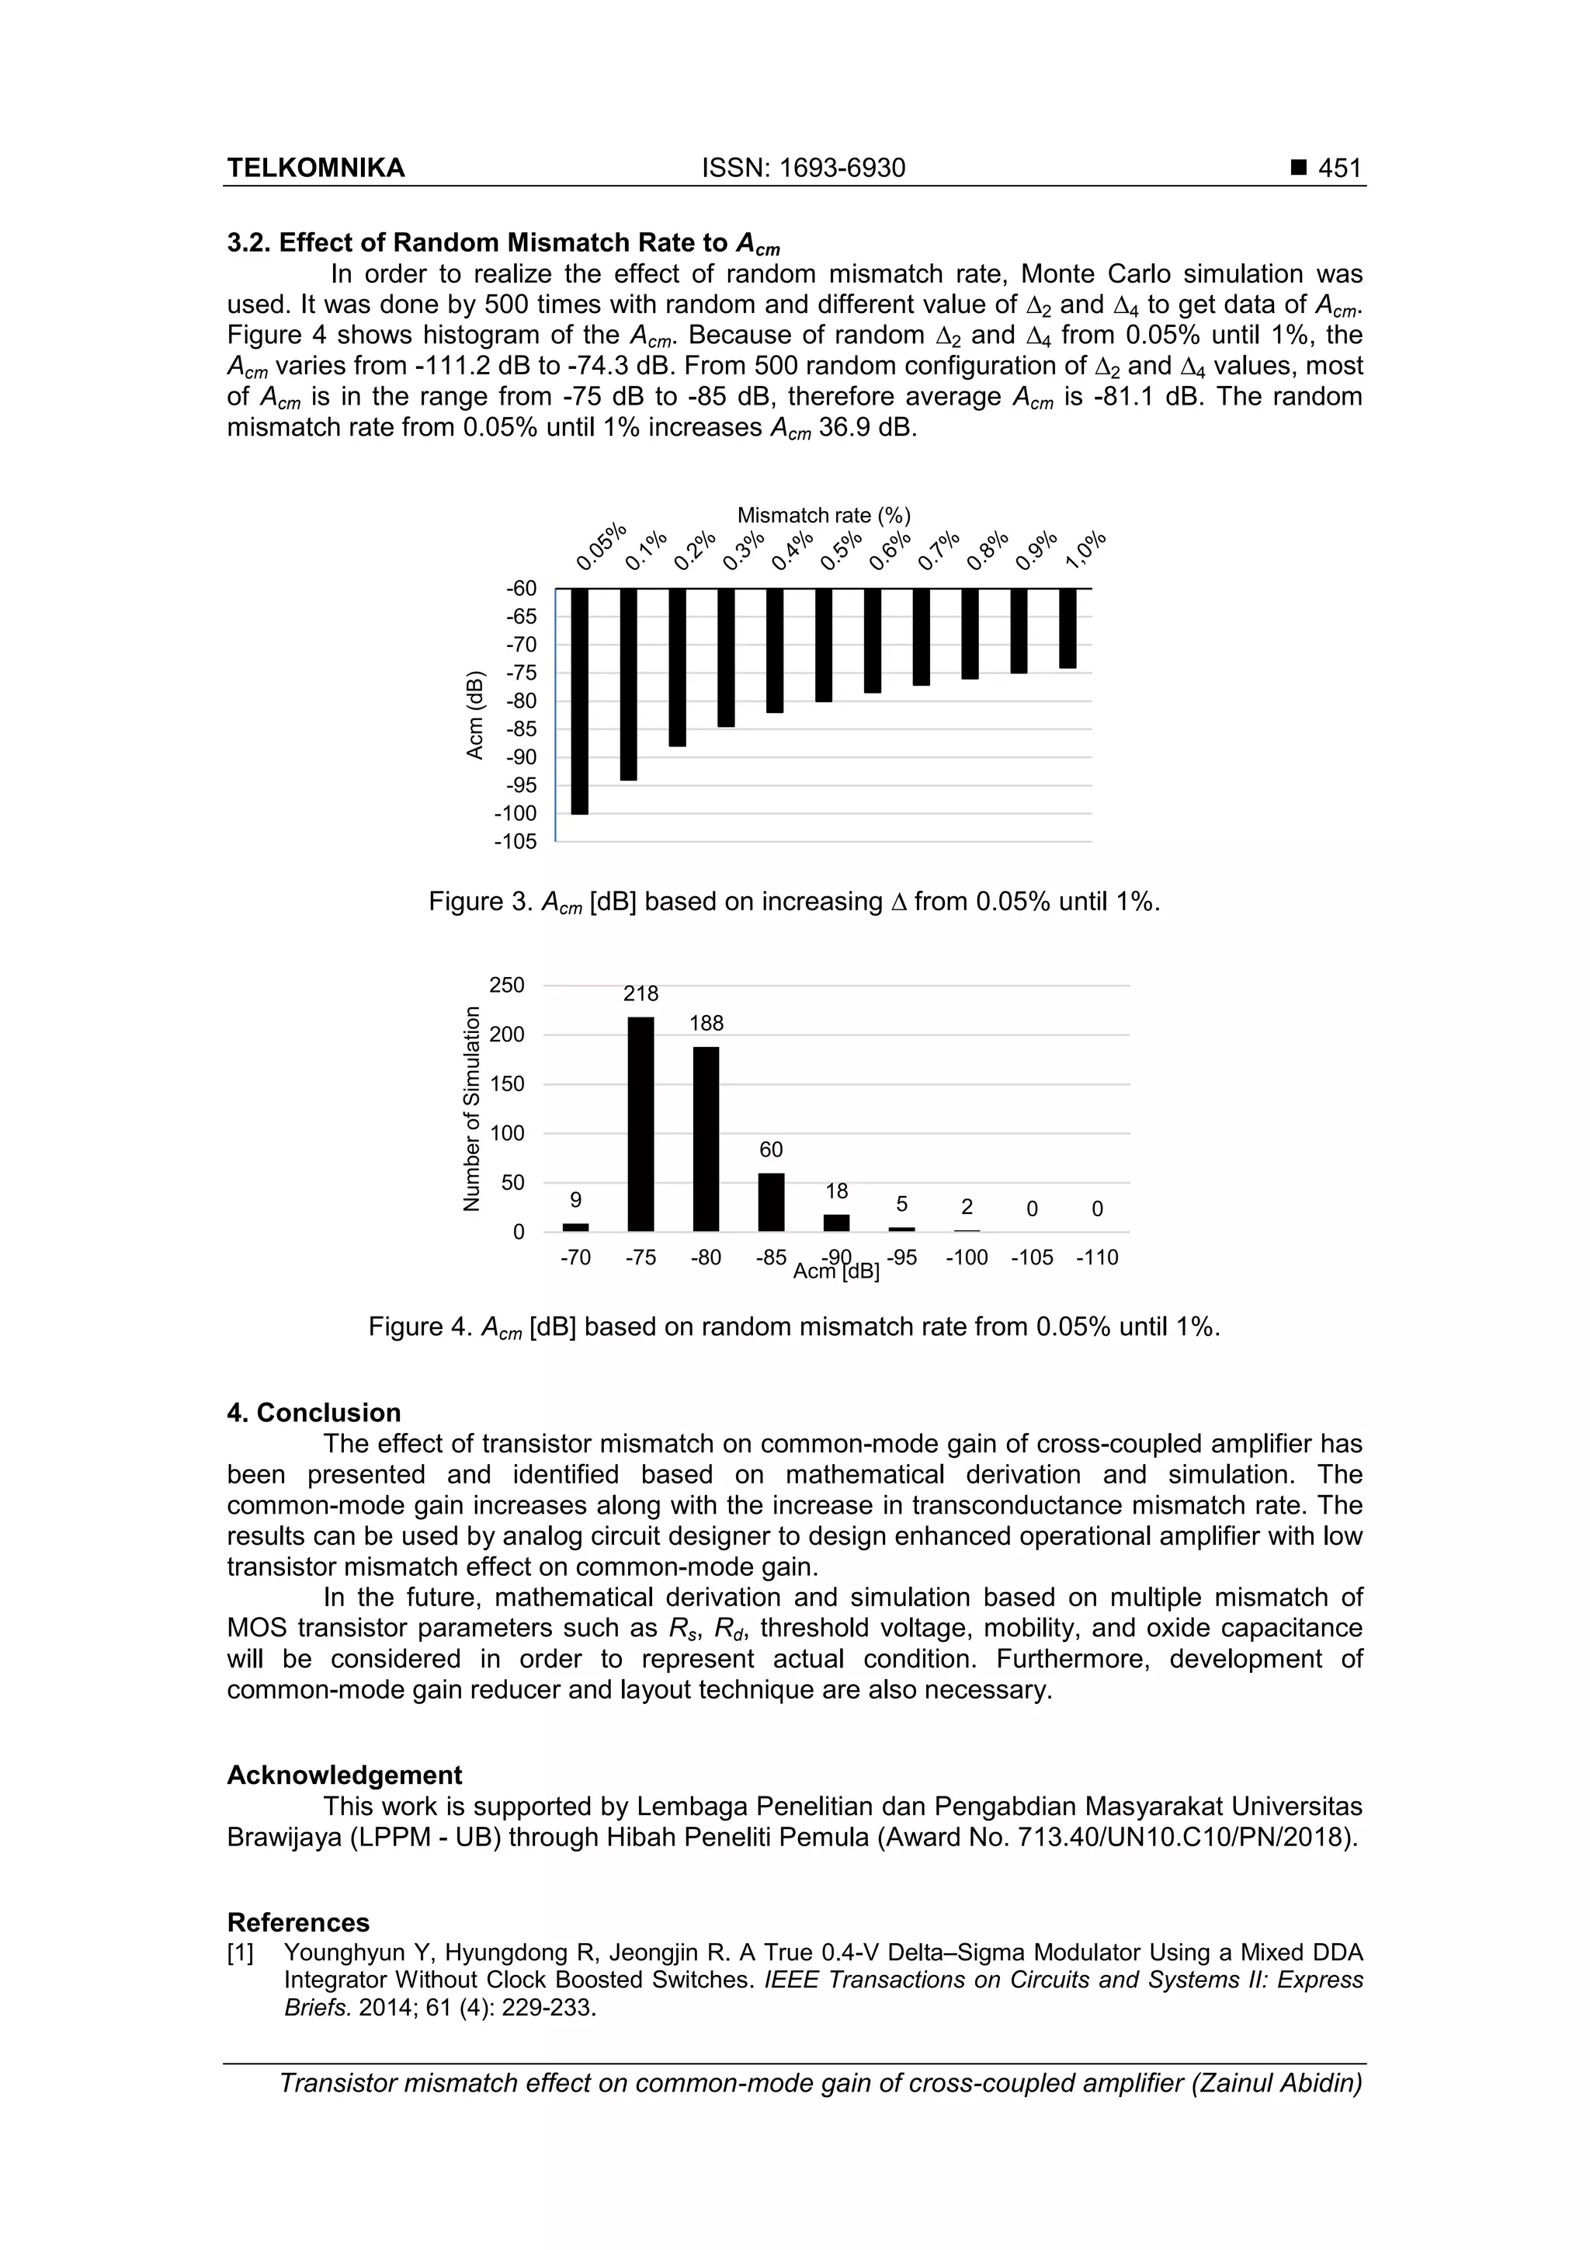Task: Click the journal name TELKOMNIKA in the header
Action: pyautogui.click(x=315, y=169)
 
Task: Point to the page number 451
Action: pyautogui.click(x=1339, y=169)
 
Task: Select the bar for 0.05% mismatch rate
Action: pyautogui.click(x=580, y=701)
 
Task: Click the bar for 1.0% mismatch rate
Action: pyautogui.click(x=1068, y=628)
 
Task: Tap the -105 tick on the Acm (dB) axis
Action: pyautogui.click(x=516, y=842)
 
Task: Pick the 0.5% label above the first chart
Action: pyautogui.click(x=841, y=551)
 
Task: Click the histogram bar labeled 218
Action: pyautogui.click(x=641, y=1123)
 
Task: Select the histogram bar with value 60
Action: pyautogui.click(x=771, y=1202)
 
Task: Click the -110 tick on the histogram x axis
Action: pyautogui.click(x=1096, y=1258)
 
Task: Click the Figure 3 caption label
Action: pyautogui.click(x=480, y=902)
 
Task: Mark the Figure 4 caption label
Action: pyautogui.click(x=420, y=1327)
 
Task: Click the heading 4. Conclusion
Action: pyautogui.click(x=314, y=1412)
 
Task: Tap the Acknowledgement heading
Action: pyautogui.click(x=344, y=1775)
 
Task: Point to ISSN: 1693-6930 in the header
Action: pyautogui.click(x=804, y=169)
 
